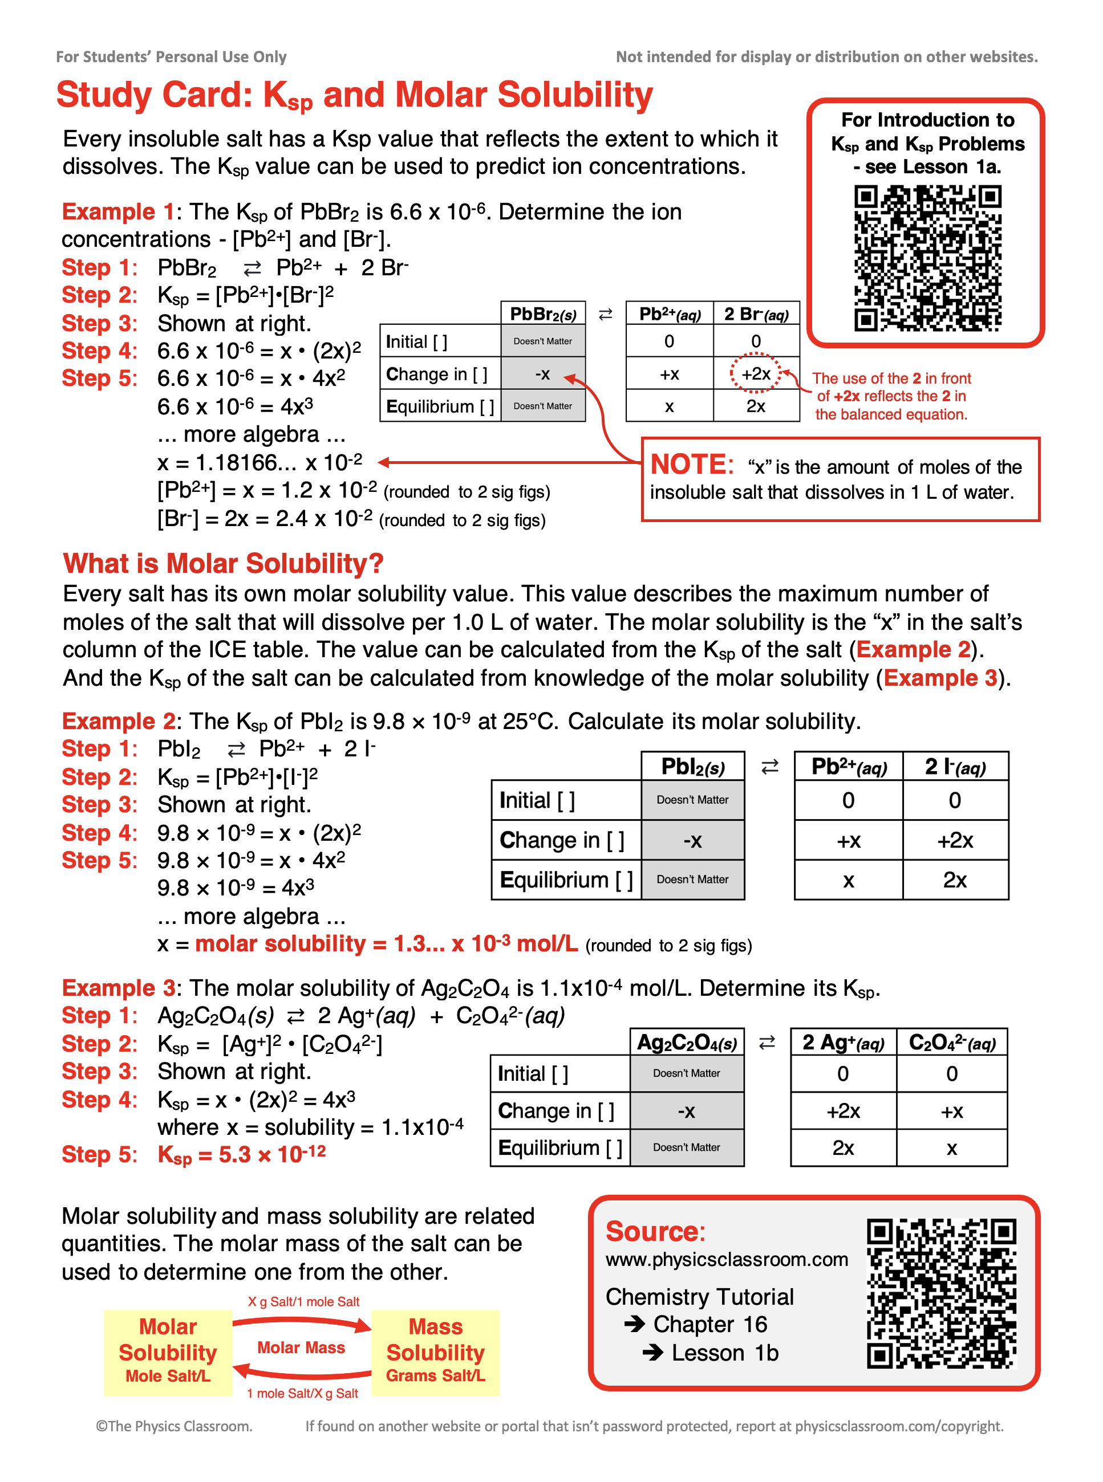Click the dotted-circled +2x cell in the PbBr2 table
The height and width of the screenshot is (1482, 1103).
[x=755, y=374]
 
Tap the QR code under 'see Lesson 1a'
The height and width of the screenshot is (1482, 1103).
[x=927, y=258]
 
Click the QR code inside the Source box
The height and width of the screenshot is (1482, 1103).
[x=941, y=1293]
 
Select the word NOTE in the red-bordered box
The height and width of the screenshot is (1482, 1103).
[x=692, y=465]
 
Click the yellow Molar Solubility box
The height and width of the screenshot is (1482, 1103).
[x=168, y=1352]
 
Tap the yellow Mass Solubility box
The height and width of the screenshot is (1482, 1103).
[x=435, y=1352]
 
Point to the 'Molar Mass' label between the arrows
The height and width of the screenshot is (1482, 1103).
[x=301, y=1347]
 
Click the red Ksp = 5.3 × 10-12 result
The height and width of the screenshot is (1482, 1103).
[x=242, y=1154]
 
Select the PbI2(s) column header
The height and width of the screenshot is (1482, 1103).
[x=692, y=767]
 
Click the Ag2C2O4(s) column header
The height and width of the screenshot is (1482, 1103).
[x=686, y=1043]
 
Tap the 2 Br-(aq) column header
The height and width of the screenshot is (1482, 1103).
[x=756, y=313]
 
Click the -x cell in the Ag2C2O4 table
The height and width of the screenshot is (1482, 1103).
[x=686, y=1111]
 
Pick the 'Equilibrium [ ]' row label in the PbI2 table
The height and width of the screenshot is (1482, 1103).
[x=566, y=880]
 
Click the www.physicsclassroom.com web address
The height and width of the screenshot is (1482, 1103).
[x=727, y=1259]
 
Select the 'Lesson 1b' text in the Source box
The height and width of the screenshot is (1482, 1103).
[x=724, y=1353]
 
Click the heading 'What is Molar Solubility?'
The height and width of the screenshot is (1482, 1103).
[x=223, y=563]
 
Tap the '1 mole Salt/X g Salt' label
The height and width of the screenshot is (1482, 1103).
[x=302, y=1393]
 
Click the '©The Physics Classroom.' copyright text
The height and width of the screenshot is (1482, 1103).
[x=173, y=1426]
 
